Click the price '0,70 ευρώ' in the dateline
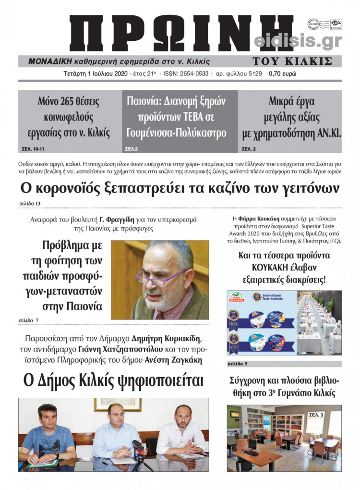pyautogui.click(x=283, y=74)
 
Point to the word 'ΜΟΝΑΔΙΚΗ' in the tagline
pyautogui.click(x=49, y=61)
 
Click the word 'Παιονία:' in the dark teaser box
pyautogui.click(x=144, y=102)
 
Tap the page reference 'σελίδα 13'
pyautogui.click(x=30, y=204)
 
